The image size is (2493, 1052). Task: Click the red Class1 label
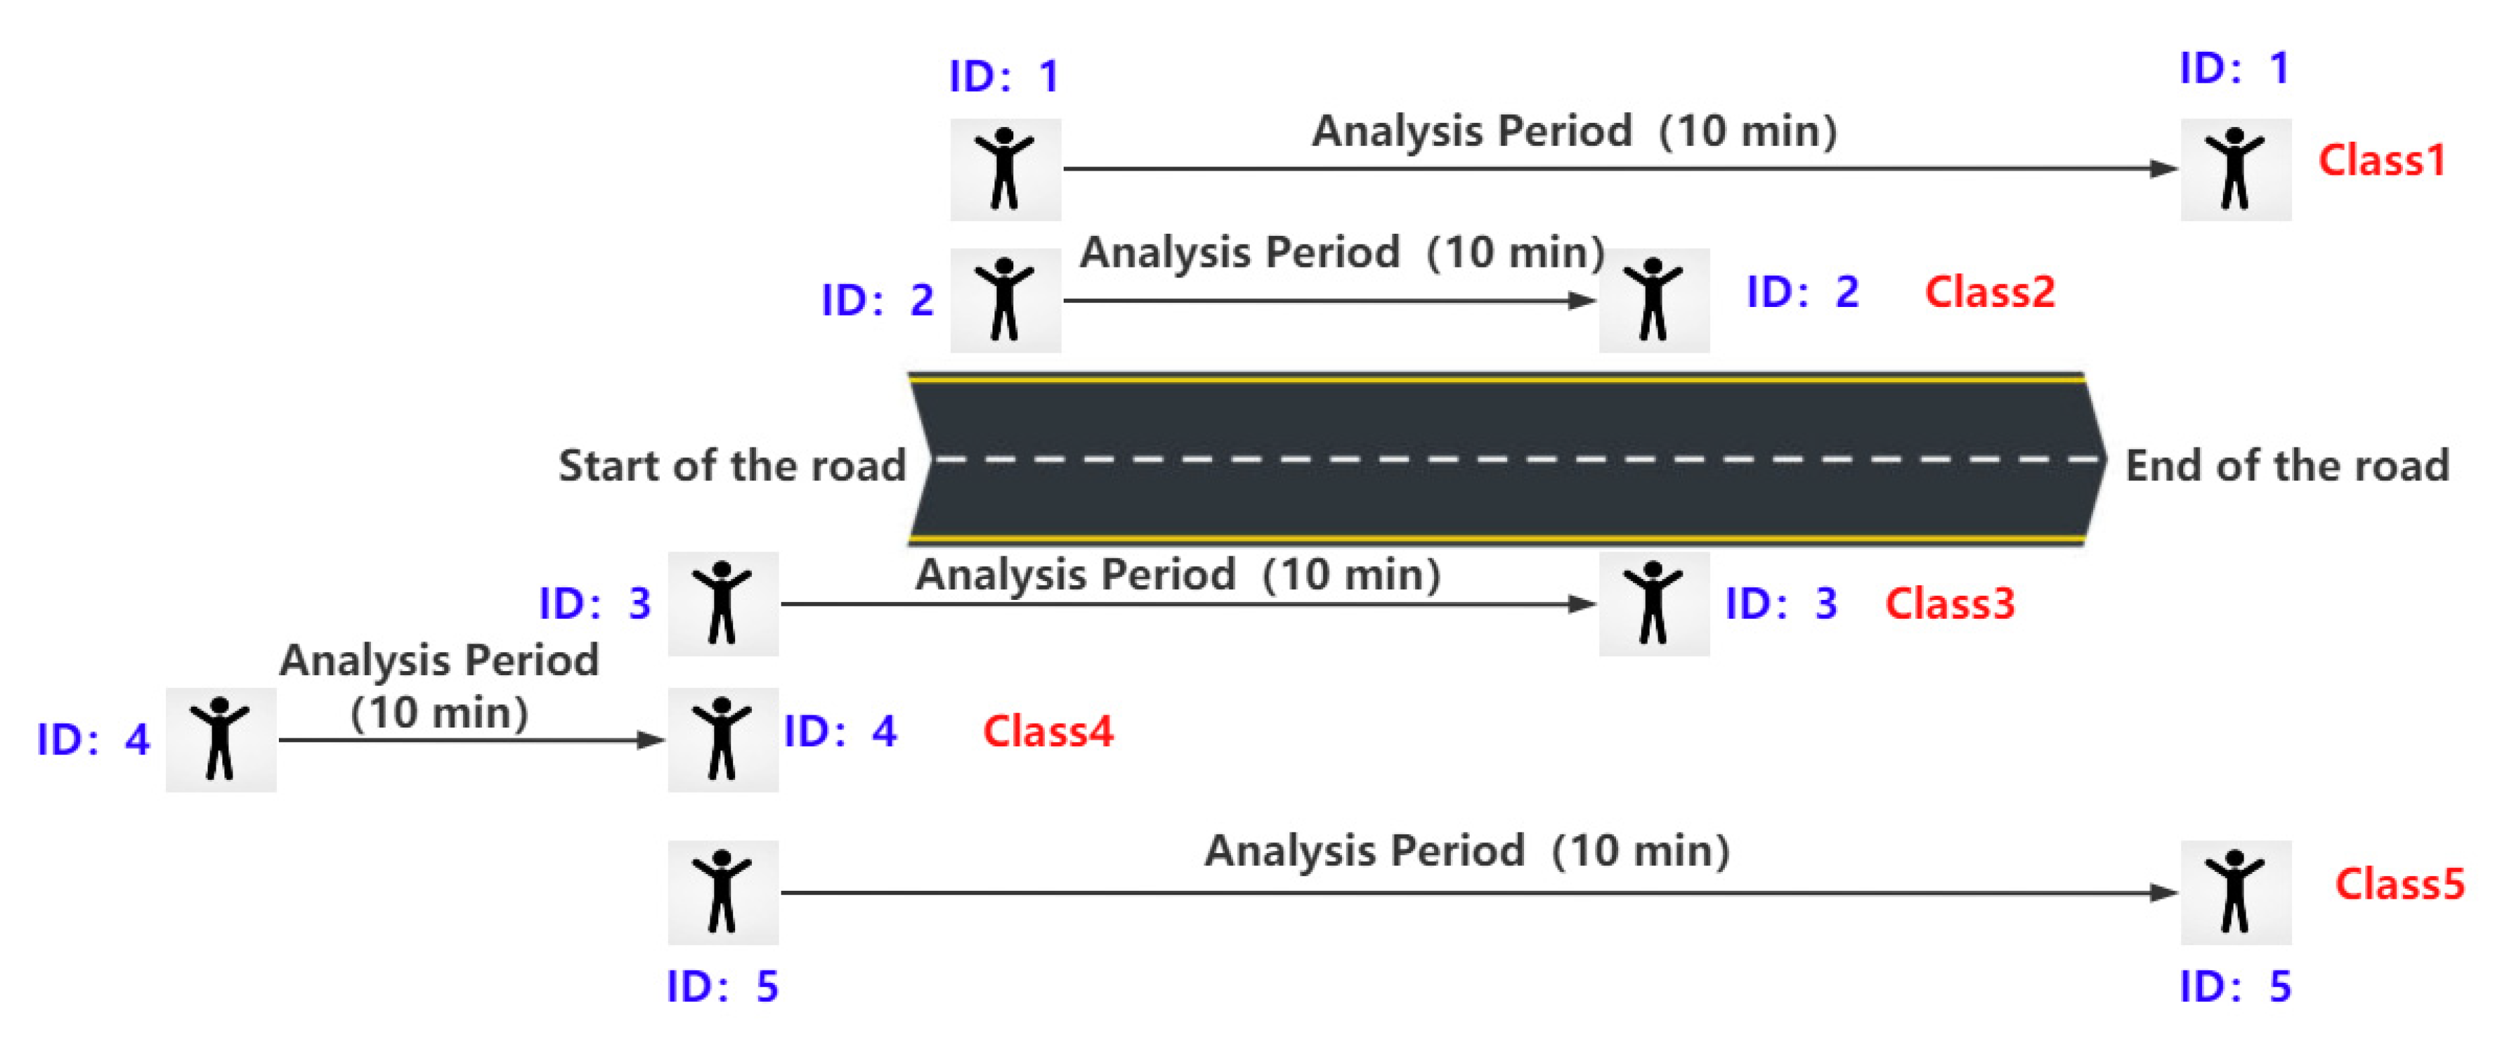coord(2381,161)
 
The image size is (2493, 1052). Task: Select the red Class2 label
coord(1990,292)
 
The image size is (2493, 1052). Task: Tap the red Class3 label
coord(1950,604)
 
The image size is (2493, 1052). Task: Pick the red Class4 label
coord(1048,732)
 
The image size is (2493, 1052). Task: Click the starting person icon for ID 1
coord(1005,169)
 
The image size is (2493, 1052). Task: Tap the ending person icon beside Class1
coord(2236,169)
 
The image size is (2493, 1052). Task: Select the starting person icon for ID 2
coord(1005,300)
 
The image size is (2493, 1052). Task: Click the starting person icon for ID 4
coord(220,740)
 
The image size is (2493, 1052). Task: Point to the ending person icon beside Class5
coord(2236,892)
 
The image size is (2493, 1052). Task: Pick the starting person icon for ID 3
coord(723,604)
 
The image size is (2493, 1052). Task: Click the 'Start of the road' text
coord(732,466)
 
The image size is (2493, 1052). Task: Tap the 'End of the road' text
coord(2287,466)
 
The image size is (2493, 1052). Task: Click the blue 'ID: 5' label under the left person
coord(723,986)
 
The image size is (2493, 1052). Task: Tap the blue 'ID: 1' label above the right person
coord(2234,69)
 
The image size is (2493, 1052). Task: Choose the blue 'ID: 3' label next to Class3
coord(1781,604)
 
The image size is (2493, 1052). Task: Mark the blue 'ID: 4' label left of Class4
coord(839,732)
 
